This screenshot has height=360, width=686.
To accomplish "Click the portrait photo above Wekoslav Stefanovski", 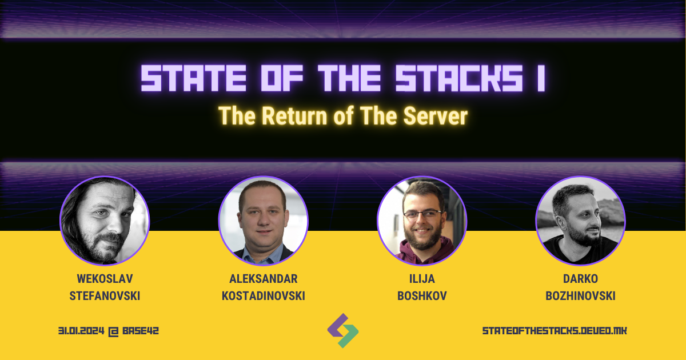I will pos(105,221).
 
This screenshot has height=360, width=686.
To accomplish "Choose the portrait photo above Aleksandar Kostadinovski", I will pos(263,221).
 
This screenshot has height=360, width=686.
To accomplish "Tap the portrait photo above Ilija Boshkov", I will pos(422,221).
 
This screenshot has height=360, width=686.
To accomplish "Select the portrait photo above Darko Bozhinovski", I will pos(580,221).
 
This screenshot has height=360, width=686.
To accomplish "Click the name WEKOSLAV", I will pos(105,278).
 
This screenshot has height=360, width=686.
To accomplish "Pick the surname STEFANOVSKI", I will pos(105,295).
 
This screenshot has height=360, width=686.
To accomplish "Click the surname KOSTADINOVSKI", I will pos(263,295).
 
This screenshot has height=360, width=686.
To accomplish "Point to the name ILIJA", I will pos(422,278).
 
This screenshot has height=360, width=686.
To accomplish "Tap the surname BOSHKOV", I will pos(422,295).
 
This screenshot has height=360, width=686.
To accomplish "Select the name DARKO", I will pos(580,278).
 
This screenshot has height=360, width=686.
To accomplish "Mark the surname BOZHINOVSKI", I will pos(580,295).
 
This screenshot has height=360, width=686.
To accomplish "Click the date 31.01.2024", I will pos(82,331).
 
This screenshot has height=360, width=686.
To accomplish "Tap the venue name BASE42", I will pos(139,331).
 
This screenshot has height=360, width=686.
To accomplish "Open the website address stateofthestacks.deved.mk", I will pos(555,331).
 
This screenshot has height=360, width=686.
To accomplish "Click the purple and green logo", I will pos(343,330).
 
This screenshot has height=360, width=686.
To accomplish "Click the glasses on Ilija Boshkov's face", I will pos(422,214).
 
